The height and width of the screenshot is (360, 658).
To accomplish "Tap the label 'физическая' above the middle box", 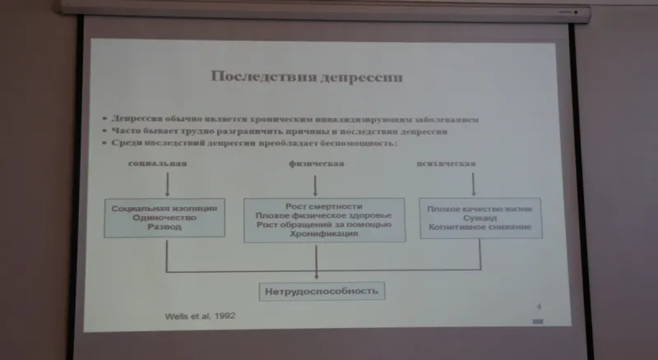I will (x=316, y=163).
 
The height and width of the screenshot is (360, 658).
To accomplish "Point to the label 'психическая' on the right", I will (x=447, y=163).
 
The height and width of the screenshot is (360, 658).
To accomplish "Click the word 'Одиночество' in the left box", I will (x=164, y=217).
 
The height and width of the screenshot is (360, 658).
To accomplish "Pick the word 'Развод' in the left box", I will (x=164, y=227).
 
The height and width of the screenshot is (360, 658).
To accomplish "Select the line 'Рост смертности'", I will (x=324, y=205).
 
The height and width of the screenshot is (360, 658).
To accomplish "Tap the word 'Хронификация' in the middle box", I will (x=323, y=234).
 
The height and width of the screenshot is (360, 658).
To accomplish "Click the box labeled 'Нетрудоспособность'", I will (x=322, y=291).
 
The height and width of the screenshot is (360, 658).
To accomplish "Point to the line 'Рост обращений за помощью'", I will (x=323, y=224).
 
